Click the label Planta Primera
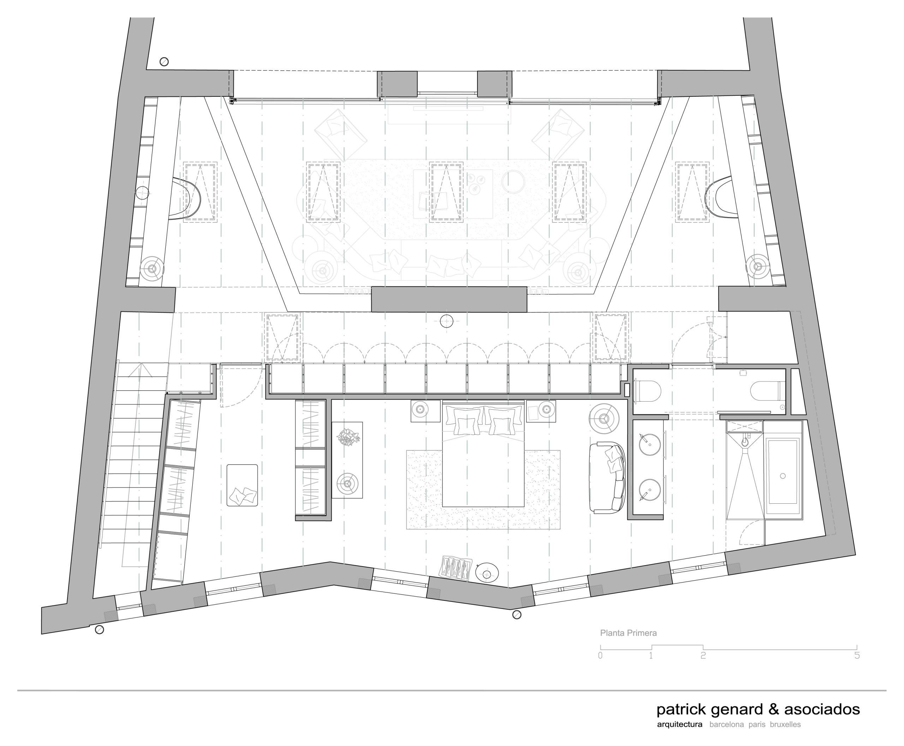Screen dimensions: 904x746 coord(628,633)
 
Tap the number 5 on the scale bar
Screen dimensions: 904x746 coord(857,655)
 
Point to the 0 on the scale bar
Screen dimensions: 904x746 coord(600,655)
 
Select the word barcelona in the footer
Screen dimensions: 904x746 coord(726,724)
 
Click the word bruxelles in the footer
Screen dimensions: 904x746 coord(785,724)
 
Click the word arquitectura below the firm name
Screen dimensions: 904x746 coord(680,724)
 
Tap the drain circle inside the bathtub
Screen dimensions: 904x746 coord(783,476)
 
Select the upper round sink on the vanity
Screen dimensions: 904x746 coord(650,444)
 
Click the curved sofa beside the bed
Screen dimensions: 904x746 coord(607,478)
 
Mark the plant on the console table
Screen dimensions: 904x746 coord(349,437)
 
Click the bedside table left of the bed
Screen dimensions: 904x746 coord(426,411)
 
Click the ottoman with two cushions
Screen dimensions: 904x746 coord(242,485)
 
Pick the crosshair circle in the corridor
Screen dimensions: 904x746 coord(446,321)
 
